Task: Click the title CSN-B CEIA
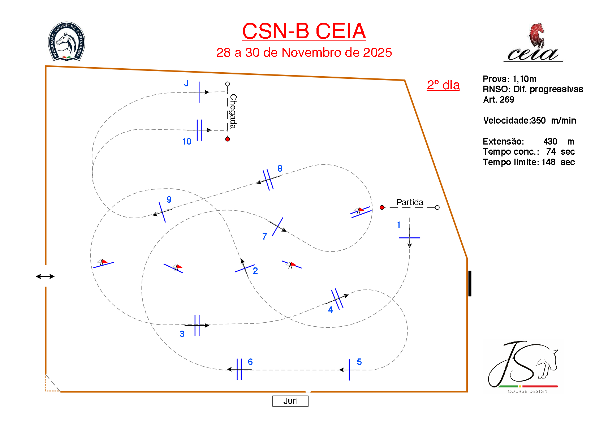[x=304, y=31]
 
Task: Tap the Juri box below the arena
[x=290, y=401]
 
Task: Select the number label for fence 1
[x=398, y=225]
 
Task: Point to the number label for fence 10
[x=187, y=142]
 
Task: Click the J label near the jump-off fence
[x=186, y=83]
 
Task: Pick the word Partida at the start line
[x=410, y=202]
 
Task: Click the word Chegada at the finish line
[x=233, y=111]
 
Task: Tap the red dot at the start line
[x=382, y=207]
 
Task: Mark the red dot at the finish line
[x=228, y=139]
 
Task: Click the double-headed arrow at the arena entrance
[x=45, y=276]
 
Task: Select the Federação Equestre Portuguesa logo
[x=67, y=41]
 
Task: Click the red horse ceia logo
[x=533, y=43]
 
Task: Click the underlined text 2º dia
[x=443, y=85]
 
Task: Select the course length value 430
[x=550, y=141]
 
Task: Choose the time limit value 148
[x=548, y=162]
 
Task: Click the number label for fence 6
[x=250, y=362]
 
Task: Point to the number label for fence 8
[x=280, y=169]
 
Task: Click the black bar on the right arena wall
[x=470, y=283]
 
